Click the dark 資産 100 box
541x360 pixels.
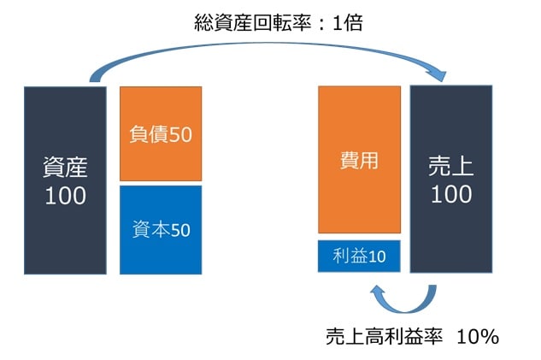coord(65,180)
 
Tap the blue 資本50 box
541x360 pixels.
coord(161,229)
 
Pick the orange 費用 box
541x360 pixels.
coord(359,159)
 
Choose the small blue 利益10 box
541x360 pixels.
coord(359,257)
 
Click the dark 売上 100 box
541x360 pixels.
coord(451,179)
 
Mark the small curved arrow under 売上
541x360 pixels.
coord(402,297)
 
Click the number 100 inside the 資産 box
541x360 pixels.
coord(65,195)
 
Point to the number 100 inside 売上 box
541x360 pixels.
coord(451,194)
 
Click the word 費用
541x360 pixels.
coord(359,159)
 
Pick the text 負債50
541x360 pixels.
coord(161,134)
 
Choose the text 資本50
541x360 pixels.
coord(161,229)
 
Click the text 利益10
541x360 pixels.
coord(359,257)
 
